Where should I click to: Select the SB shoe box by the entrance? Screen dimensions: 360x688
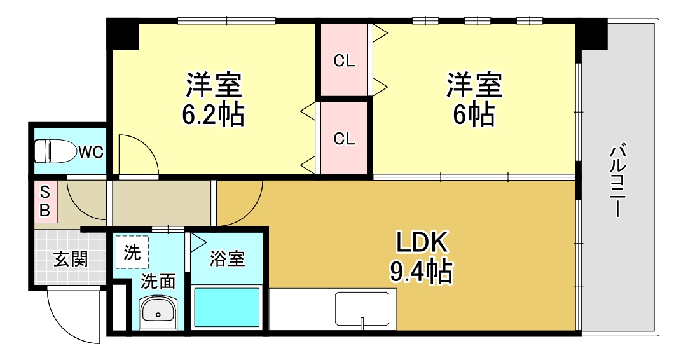[x=45, y=202]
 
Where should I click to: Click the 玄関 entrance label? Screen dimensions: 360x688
[x=70, y=260]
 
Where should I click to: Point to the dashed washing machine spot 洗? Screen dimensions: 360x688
[x=132, y=253]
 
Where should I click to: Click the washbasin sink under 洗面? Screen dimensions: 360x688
[x=157, y=311]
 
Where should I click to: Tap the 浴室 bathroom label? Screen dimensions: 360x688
[x=228, y=259]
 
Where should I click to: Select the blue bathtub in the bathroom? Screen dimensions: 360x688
[x=226, y=308]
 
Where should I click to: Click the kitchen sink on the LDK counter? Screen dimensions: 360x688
[x=362, y=309]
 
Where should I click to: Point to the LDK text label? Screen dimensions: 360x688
[x=423, y=242]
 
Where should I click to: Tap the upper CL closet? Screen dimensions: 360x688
[x=344, y=61]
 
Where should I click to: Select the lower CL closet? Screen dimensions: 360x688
[x=344, y=139]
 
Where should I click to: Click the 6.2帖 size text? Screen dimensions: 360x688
[x=213, y=114]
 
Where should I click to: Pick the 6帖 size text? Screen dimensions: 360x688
[x=474, y=114]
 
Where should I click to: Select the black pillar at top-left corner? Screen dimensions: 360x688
[x=123, y=34]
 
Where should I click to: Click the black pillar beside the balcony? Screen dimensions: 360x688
[x=592, y=34]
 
